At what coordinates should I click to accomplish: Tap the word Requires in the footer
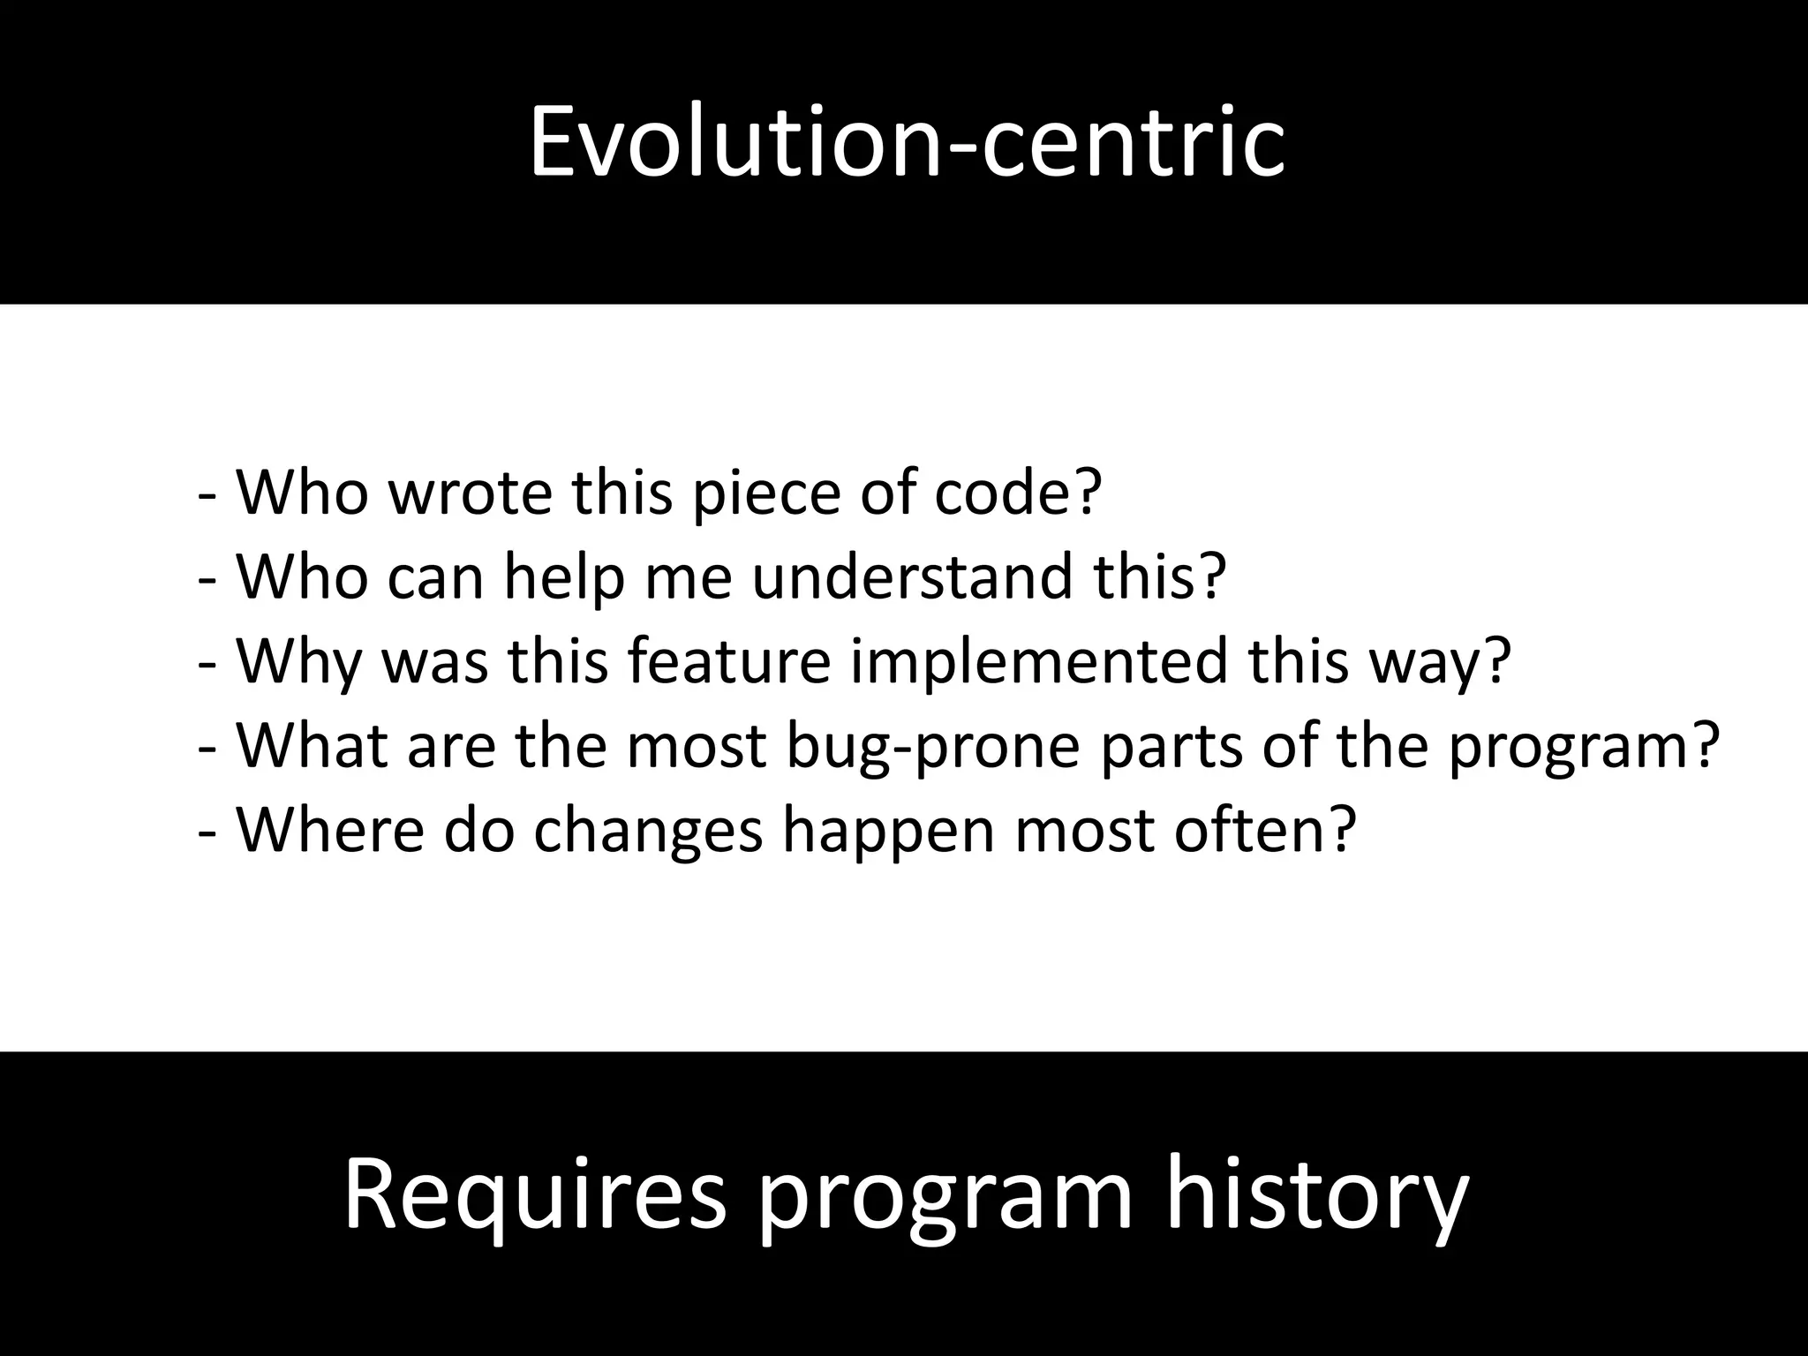click(534, 1197)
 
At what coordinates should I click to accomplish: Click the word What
click(313, 745)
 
